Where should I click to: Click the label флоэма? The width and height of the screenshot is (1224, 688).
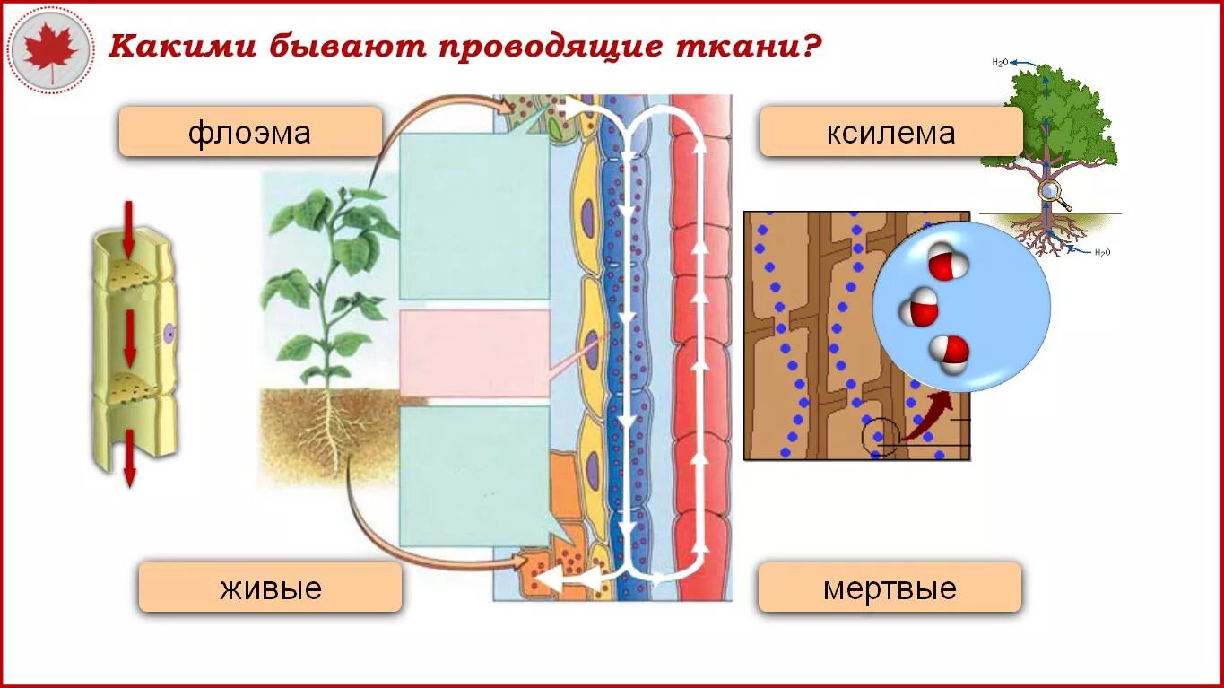(250, 133)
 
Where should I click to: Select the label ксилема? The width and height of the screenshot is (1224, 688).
(890, 133)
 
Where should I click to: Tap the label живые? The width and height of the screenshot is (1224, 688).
(270, 588)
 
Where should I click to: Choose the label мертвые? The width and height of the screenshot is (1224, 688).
(890, 588)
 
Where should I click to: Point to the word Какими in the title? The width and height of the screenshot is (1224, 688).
(179, 47)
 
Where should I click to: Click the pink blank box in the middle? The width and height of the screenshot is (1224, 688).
(473, 353)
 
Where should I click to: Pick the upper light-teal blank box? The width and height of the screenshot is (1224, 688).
(473, 216)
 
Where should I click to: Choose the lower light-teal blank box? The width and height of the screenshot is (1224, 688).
(473, 475)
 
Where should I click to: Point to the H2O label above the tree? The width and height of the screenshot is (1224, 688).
(1001, 62)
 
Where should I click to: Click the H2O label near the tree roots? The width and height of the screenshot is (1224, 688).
(1102, 252)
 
